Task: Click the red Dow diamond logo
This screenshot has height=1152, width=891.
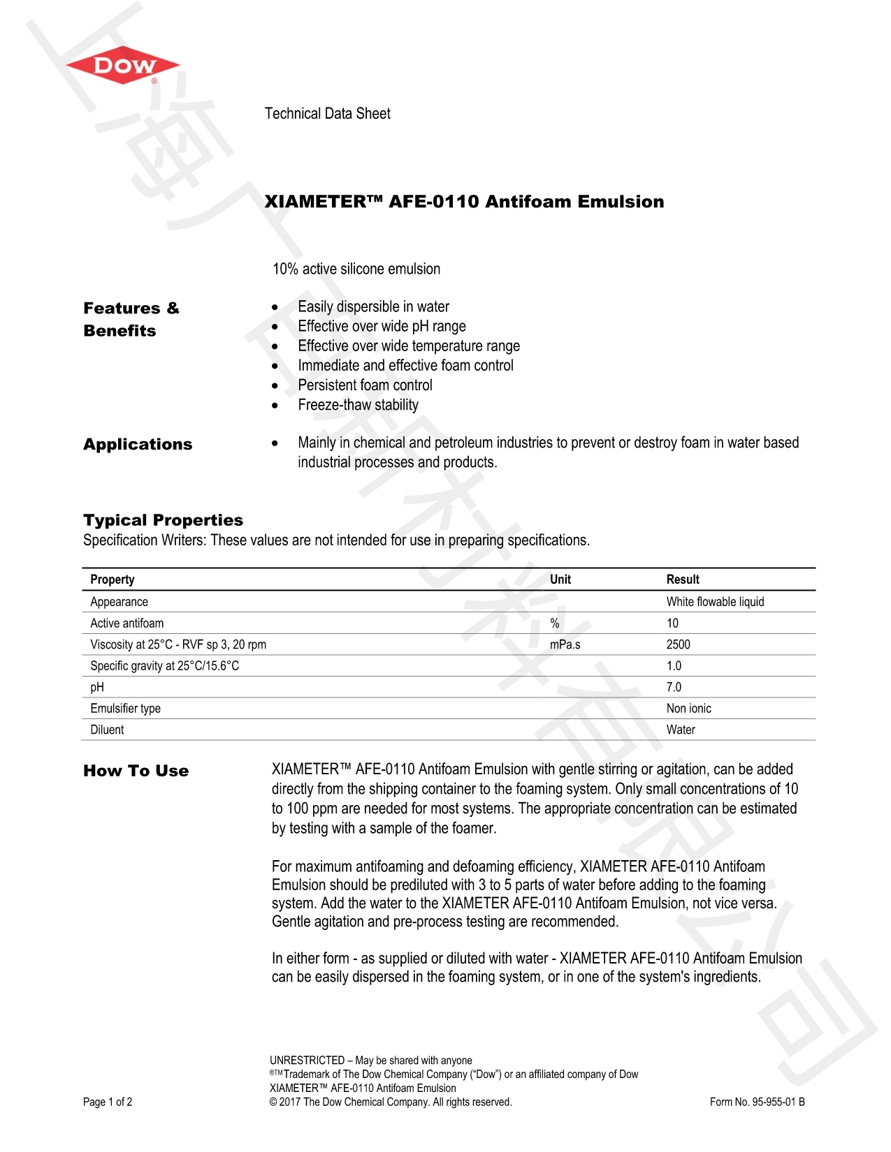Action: [123, 66]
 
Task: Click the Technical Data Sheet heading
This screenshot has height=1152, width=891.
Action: [327, 114]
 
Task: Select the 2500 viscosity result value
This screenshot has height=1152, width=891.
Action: [678, 644]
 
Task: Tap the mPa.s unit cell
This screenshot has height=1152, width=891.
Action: [565, 644]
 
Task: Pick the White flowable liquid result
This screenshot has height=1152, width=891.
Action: [715, 602]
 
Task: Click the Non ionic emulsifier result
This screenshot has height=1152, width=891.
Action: [688, 709]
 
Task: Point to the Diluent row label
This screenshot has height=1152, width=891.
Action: [107, 730]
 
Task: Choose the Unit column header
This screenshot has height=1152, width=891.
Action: [560, 579]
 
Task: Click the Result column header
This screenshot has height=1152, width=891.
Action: [682, 579]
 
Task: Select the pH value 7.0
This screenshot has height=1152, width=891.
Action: [674, 687]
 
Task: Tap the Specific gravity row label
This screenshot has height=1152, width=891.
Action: [164, 666]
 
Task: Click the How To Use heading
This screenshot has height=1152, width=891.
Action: [136, 771]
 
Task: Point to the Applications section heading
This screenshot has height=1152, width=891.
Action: [138, 445]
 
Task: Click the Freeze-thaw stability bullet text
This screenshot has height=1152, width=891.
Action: [358, 405]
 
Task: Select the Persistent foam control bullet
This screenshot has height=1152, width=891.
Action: [365, 385]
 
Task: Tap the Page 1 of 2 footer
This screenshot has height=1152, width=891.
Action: [108, 1102]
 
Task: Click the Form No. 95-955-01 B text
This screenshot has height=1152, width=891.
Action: [757, 1102]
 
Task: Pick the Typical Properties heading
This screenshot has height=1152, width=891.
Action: [163, 520]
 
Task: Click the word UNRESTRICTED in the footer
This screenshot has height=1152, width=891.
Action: [307, 1061]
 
